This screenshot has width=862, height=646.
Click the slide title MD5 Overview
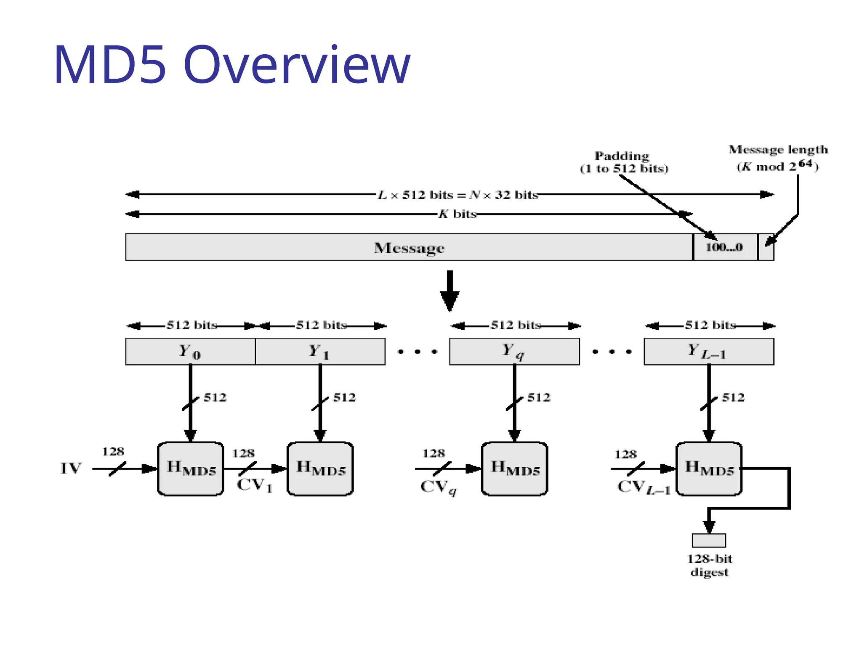pyautogui.click(x=232, y=65)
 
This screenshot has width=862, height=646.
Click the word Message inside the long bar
pyautogui.click(x=409, y=248)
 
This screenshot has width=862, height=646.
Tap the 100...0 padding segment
pyautogui.click(x=724, y=247)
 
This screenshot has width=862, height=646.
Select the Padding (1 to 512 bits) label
pyautogui.click(x=624, y=162)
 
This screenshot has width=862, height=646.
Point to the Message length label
pyautogui.click(x=778, y=149)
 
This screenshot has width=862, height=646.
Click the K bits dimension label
pyautogui.click(x=457, y=214)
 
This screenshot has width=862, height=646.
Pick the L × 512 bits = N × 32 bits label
pyautogui.click(x=458, y=195)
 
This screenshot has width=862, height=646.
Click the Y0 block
pyautogui.click(x=190, y=352)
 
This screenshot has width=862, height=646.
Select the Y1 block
pyautogui.click(x=320, y=352)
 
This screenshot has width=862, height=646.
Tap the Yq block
pyautogui.click(x=514, y=352)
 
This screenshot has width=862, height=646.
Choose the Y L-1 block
pyautogui.click(x=708, y=352)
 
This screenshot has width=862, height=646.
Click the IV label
pyautogui.click(x=70, y=468)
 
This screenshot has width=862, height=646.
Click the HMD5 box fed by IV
pyautogui.click(x=191, y=469)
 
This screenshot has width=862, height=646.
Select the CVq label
pyautogui.click(x=438, y=487)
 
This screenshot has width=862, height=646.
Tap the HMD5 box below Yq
pyautogui.click(x=514, y=469)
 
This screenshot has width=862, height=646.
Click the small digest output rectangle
pyautogui.click(x=709, y=540)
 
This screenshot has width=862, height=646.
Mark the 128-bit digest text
pyautogui.click(x=709, y=565)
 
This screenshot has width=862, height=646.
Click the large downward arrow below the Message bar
pyautogui.click(x=449, y=291)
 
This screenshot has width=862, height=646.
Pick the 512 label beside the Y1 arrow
pyautogui.click(x=344, y=397)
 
